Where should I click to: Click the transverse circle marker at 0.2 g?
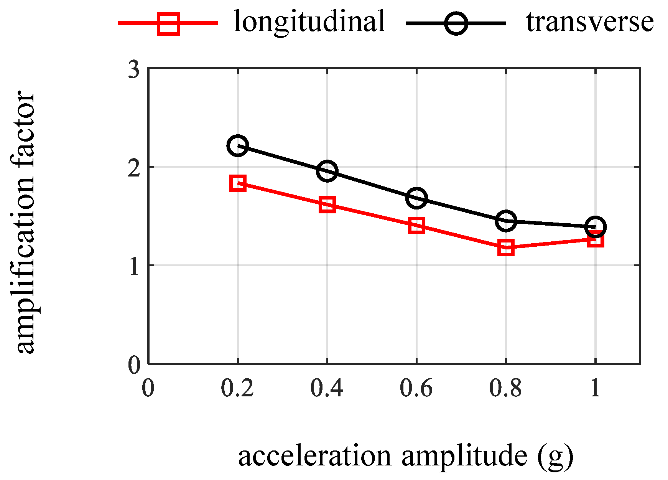point(238,145)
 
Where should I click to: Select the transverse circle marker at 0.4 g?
point(327,171)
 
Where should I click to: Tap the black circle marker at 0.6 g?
point(416,198)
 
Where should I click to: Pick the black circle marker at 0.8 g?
point(506,221)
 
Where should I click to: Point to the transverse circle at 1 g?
point(595,227)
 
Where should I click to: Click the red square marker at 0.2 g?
point(238,183)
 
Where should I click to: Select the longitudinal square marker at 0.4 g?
point(327,205)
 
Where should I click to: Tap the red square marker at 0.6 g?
point(416,226)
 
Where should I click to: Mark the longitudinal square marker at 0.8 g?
point(506,248)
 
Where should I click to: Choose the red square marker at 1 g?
point(596,240)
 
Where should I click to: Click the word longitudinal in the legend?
point(309,21)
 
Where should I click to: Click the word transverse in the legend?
point(589,21)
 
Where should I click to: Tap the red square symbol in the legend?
point(168,24)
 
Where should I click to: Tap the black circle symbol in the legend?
point(456,24)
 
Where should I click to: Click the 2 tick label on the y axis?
point(133,168)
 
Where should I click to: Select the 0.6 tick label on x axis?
point(416,388)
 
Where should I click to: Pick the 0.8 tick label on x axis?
point(505,388)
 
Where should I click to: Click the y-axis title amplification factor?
point(25,223)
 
